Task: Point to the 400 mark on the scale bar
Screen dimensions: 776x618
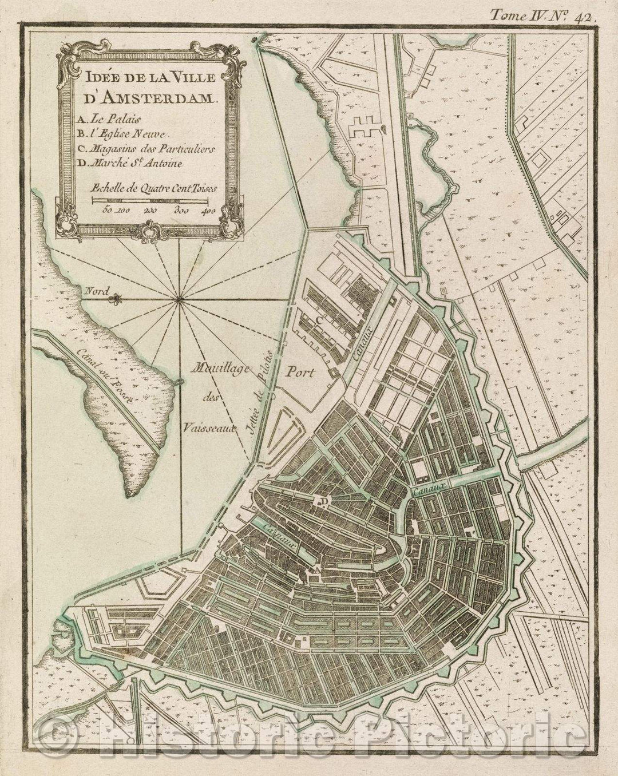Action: [208, 211]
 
